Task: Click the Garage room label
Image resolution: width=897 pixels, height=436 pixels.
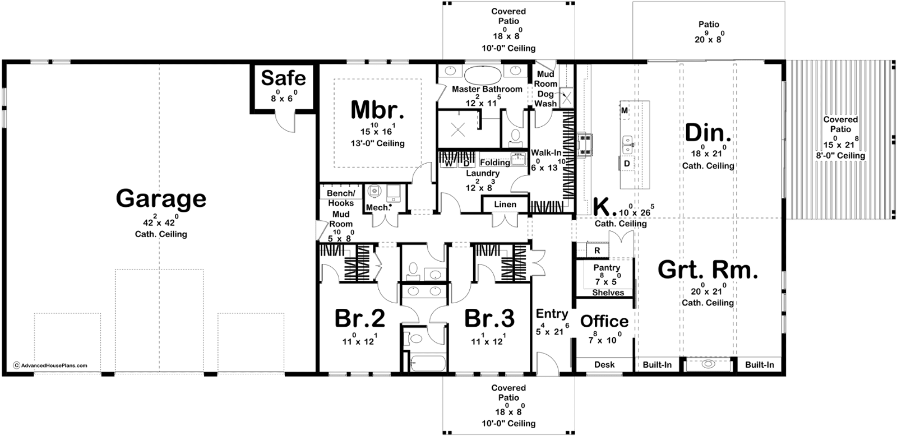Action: click(x=161, y=199)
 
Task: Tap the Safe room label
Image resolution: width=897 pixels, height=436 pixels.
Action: click(x=284, y=78)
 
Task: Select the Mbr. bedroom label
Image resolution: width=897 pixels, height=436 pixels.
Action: click(x=377, y=110)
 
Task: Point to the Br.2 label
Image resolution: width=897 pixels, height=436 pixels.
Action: click(x=359, y=318)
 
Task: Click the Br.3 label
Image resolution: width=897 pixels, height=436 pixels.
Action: click(x=489, y=318)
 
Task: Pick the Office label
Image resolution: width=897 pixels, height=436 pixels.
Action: click(x=604, y=321)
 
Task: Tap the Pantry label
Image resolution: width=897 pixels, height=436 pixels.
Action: click(x=607, y=267)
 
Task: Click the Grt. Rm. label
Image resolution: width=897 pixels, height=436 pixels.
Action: click(x=708, y=270)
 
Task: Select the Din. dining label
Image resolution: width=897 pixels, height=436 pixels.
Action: click(x=708, y=133)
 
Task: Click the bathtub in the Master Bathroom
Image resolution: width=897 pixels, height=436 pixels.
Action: click(x=483, y=75)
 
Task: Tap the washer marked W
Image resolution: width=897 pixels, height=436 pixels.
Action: click(x=449, y=163)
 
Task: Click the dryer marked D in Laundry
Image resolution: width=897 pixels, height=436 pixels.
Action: click(x=466, y=163)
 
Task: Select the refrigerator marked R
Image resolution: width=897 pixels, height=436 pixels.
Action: click(x=597, y=251)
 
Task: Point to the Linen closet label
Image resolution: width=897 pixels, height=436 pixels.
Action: click(x=505, y=205)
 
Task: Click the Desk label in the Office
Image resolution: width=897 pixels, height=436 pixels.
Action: click(x=604, y=365)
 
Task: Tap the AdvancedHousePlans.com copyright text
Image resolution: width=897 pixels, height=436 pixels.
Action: click(x=50, y=365)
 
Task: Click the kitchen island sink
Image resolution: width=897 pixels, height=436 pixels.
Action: click(x=627, y=145)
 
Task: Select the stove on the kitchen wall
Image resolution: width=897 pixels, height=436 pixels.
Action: click(x=585, y=145)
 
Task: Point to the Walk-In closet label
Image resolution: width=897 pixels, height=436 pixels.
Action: click(x=546, y=152)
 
